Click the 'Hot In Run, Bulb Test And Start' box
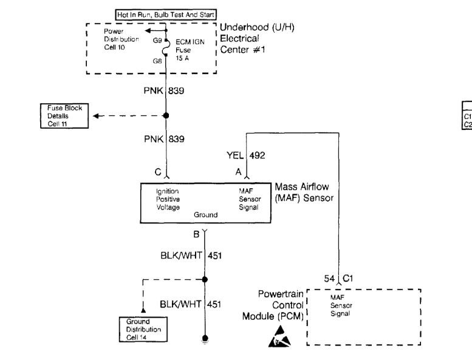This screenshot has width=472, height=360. tap(166, 15)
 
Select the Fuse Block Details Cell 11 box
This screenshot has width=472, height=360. tap(64, 116)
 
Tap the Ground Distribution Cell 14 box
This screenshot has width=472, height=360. tap(143, 329)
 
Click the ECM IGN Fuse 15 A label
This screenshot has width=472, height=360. tap(190, 50)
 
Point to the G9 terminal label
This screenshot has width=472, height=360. tap(157, 40)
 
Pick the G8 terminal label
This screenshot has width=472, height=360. tap(157, 61)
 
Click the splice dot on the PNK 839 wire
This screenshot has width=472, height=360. tap(166, 115)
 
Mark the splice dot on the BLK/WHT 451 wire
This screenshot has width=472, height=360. tap(205, 279)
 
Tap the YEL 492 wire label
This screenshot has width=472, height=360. tap(245, 155)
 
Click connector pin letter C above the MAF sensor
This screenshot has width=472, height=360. tap(158, 172)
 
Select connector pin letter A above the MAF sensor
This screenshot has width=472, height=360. tap(238, 172)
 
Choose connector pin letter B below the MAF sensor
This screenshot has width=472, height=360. tap(196, 234)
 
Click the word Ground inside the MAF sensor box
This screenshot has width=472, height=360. tap(205, 215)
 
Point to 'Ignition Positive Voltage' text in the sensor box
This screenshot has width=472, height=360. tap(168, 199)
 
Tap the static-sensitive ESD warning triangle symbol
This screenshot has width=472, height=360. tap(279, 336)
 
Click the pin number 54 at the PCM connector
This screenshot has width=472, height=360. tap(329, 279)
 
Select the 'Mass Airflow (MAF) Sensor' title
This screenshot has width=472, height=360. tap(304, 192)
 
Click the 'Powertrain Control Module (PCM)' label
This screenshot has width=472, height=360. tap(273, 305)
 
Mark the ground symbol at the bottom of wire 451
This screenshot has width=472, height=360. tap(205, 339)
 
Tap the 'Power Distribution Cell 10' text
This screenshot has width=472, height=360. tap(121, 39)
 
